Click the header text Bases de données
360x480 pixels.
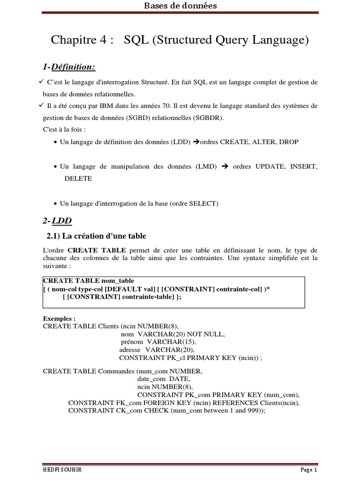(180, 6)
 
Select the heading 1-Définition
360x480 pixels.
(69, 67)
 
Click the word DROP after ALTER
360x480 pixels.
(288, 142)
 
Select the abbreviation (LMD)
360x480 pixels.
(206, 166)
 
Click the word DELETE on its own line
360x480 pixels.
(78, 178)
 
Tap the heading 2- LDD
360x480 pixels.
(57, 220)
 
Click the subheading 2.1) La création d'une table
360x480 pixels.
(96, 236)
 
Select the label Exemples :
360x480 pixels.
(59, 318)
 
